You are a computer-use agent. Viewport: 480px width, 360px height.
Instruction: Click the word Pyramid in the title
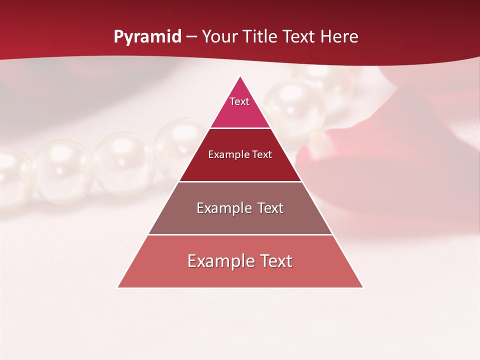147,37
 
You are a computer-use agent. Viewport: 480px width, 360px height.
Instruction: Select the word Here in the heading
339,37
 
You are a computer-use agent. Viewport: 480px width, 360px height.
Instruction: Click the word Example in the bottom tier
216,261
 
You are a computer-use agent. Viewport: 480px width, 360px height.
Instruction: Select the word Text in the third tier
267,208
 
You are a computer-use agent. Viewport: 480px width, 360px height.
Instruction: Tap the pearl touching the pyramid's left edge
175,145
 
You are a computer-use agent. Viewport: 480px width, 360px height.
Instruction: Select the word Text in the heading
300,37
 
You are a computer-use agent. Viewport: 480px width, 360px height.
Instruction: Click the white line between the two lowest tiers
240,234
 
